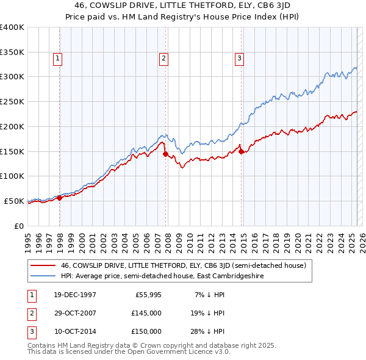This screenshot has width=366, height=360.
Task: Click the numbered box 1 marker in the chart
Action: tap(57, 59)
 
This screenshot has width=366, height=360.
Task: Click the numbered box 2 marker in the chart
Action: tap(164, 59)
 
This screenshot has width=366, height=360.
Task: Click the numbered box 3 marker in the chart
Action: tap(239, 59)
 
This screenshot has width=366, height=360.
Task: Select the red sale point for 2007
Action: tap(165, 154)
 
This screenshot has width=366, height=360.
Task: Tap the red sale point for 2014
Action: tap(241, 151)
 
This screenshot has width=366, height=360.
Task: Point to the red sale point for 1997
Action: tap(60, 198)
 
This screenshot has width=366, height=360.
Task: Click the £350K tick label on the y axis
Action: tap(12, 52)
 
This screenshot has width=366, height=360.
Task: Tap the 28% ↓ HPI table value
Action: tap(210, 331)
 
